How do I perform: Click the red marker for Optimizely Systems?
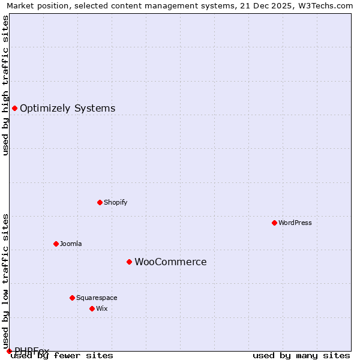(x=14, y=108)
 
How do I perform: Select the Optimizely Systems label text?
(x=67, y=109)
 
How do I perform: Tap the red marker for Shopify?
(x=100, y=202)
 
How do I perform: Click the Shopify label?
(x=115, y=203)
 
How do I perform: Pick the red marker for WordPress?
(x=274, y=223)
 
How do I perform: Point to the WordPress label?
(x=295, y=223)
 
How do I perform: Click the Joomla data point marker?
(x=56, y=244)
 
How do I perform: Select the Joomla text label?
(x=71, y=244)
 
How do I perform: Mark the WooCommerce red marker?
(x=129, y=262)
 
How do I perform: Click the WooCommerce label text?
(x=170, y=262)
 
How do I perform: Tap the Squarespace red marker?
(x=72, y=298)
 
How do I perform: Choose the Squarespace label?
(x=97, y=298)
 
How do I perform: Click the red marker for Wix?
(x=92, y=308)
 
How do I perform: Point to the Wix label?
(x=101, y=309)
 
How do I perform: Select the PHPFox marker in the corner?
(x=9, y=351)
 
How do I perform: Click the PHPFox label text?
(x=32, y=350)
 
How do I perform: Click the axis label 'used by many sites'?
(x=301, y=356)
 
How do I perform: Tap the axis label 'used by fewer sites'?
(x=62, y=356)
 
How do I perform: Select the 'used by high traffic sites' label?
(x=5, y=85)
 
